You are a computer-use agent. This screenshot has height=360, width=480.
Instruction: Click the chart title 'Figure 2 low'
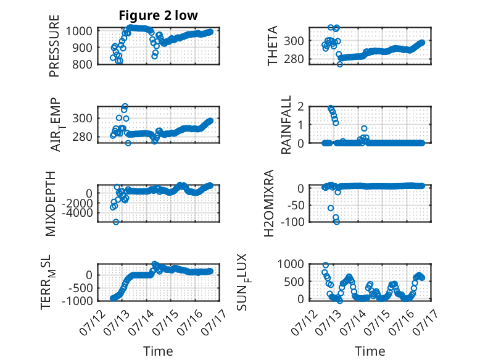coord(159,15)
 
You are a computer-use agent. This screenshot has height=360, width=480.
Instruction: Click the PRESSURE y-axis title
coord(54,46)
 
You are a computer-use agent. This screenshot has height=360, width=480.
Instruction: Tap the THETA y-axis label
coord(272,46)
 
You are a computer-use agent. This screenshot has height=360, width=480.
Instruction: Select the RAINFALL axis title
coord(286,125)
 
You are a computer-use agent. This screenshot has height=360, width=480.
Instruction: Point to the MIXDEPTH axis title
coord(51,204)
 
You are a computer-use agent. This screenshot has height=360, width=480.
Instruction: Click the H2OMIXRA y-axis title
coord(268,203)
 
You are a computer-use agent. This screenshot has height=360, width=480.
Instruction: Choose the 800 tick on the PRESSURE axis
coord(81,64)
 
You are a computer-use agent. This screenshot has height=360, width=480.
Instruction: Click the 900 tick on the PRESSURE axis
coord(81,48)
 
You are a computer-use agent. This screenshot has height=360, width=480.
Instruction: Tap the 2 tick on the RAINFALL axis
coord(300,107)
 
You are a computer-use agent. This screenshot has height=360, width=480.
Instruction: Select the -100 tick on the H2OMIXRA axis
coord(292,222)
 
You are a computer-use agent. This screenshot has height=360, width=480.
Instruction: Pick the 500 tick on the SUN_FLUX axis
coord(294,282)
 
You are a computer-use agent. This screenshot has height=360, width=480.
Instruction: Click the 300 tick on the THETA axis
coord(294,41)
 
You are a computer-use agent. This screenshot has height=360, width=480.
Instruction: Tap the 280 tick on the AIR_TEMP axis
coord(82,137)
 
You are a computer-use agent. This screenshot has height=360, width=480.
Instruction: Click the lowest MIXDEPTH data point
coord(116,222)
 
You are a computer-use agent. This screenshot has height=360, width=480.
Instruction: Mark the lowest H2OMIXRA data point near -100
coord(337,222)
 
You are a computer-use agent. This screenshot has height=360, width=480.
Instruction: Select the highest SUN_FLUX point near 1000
coord(326,265)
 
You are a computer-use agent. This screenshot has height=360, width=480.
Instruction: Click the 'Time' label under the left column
coord(158,351)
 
